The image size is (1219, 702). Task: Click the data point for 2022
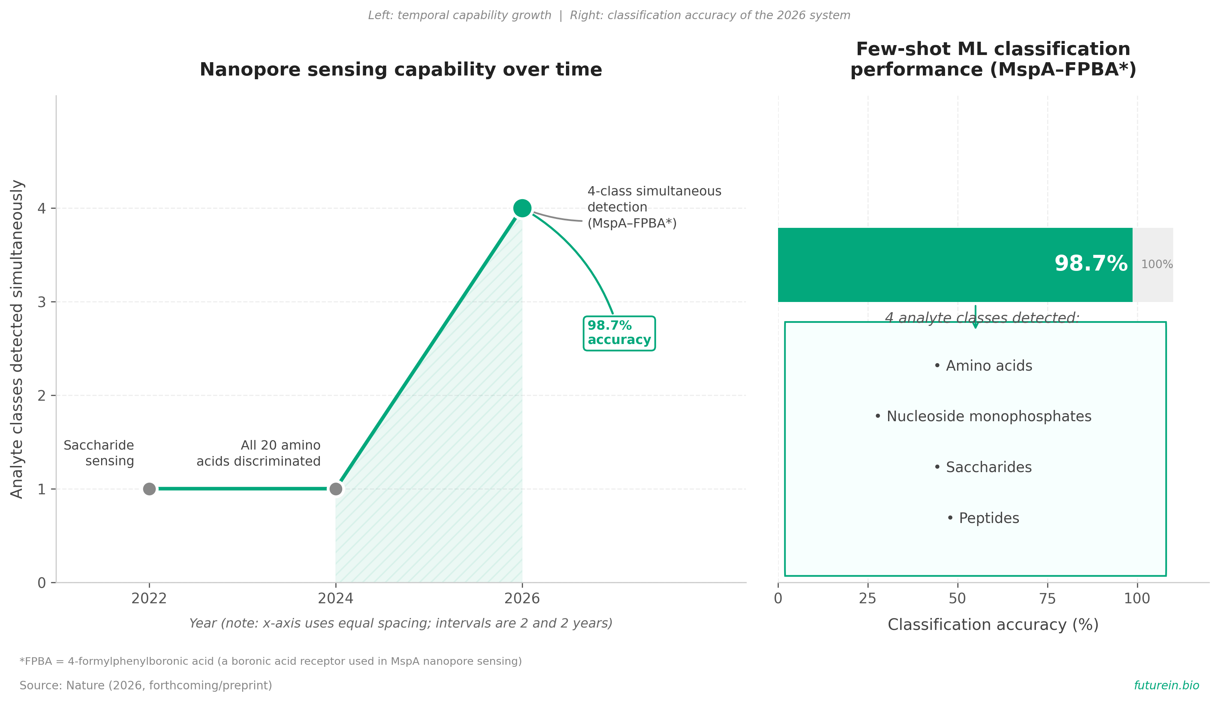149,489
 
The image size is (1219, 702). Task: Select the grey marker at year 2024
336,489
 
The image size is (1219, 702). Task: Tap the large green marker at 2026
522,208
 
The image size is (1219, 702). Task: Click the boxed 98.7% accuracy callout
619,333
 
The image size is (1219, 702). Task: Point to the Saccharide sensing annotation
99,453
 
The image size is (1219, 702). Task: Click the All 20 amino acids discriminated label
258,453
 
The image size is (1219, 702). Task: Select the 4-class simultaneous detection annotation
654,207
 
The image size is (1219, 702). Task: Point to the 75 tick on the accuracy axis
1048,599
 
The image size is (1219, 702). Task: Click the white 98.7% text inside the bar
1091,264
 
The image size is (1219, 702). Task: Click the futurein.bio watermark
1166,685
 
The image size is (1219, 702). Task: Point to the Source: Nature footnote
146,686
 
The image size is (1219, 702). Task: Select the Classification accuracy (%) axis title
993,625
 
